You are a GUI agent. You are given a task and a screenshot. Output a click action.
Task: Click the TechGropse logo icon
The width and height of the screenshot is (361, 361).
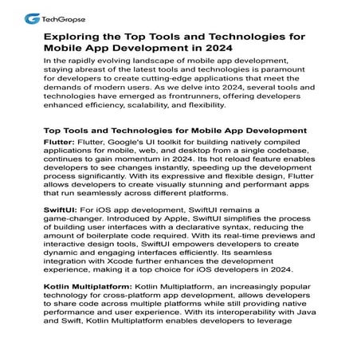31,17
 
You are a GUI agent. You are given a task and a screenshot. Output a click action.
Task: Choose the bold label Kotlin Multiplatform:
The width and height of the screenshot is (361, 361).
87,286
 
